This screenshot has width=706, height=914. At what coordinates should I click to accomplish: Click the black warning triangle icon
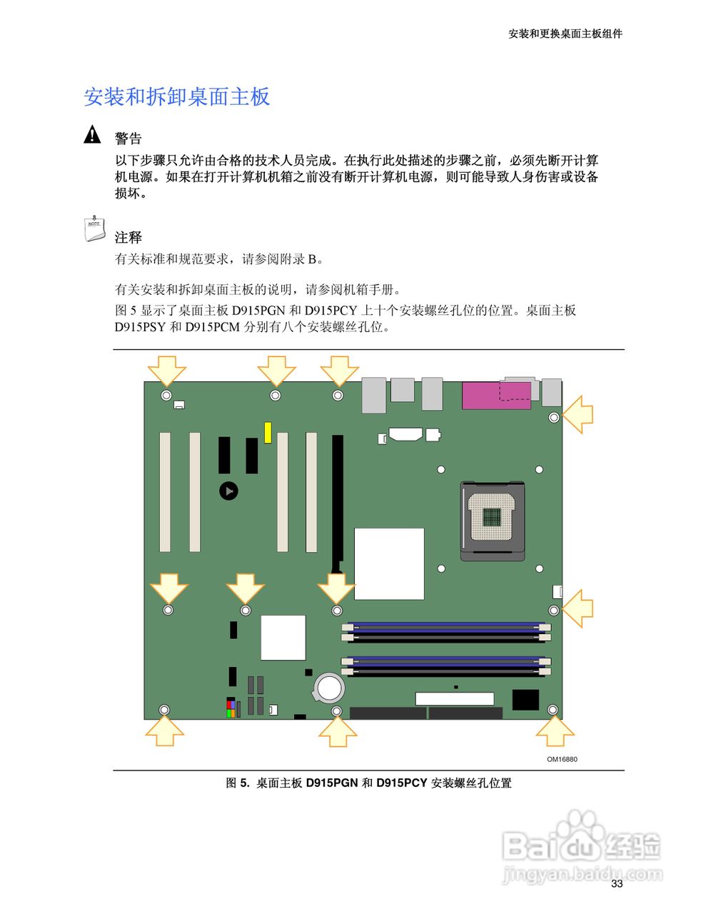92,134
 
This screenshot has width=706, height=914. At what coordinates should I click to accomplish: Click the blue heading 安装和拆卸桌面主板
177,97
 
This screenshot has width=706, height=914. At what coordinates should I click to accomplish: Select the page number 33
617,883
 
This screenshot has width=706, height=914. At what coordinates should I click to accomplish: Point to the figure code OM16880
562,759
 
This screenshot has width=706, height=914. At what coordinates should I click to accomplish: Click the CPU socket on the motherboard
493,520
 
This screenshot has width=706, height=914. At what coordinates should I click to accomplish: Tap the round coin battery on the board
329,687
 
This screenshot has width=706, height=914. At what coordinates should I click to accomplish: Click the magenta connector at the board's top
496,396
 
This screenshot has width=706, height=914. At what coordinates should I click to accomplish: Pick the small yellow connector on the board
268,432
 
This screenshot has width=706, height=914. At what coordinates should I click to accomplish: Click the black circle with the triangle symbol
228,491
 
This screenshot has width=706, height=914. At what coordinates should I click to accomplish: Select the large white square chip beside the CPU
389,564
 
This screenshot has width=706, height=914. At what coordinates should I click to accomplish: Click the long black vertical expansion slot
337,500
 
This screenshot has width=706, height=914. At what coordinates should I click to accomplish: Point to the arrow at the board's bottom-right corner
555,731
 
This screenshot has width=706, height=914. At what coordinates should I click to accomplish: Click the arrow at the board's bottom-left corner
165,732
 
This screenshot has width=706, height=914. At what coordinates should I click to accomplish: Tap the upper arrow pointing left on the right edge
578,414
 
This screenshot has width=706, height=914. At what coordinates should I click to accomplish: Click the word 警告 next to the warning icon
128,139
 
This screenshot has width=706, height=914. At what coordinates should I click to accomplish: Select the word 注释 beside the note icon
128,237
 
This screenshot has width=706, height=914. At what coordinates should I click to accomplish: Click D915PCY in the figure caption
401,783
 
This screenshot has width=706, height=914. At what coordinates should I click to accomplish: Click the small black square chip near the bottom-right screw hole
525,700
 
